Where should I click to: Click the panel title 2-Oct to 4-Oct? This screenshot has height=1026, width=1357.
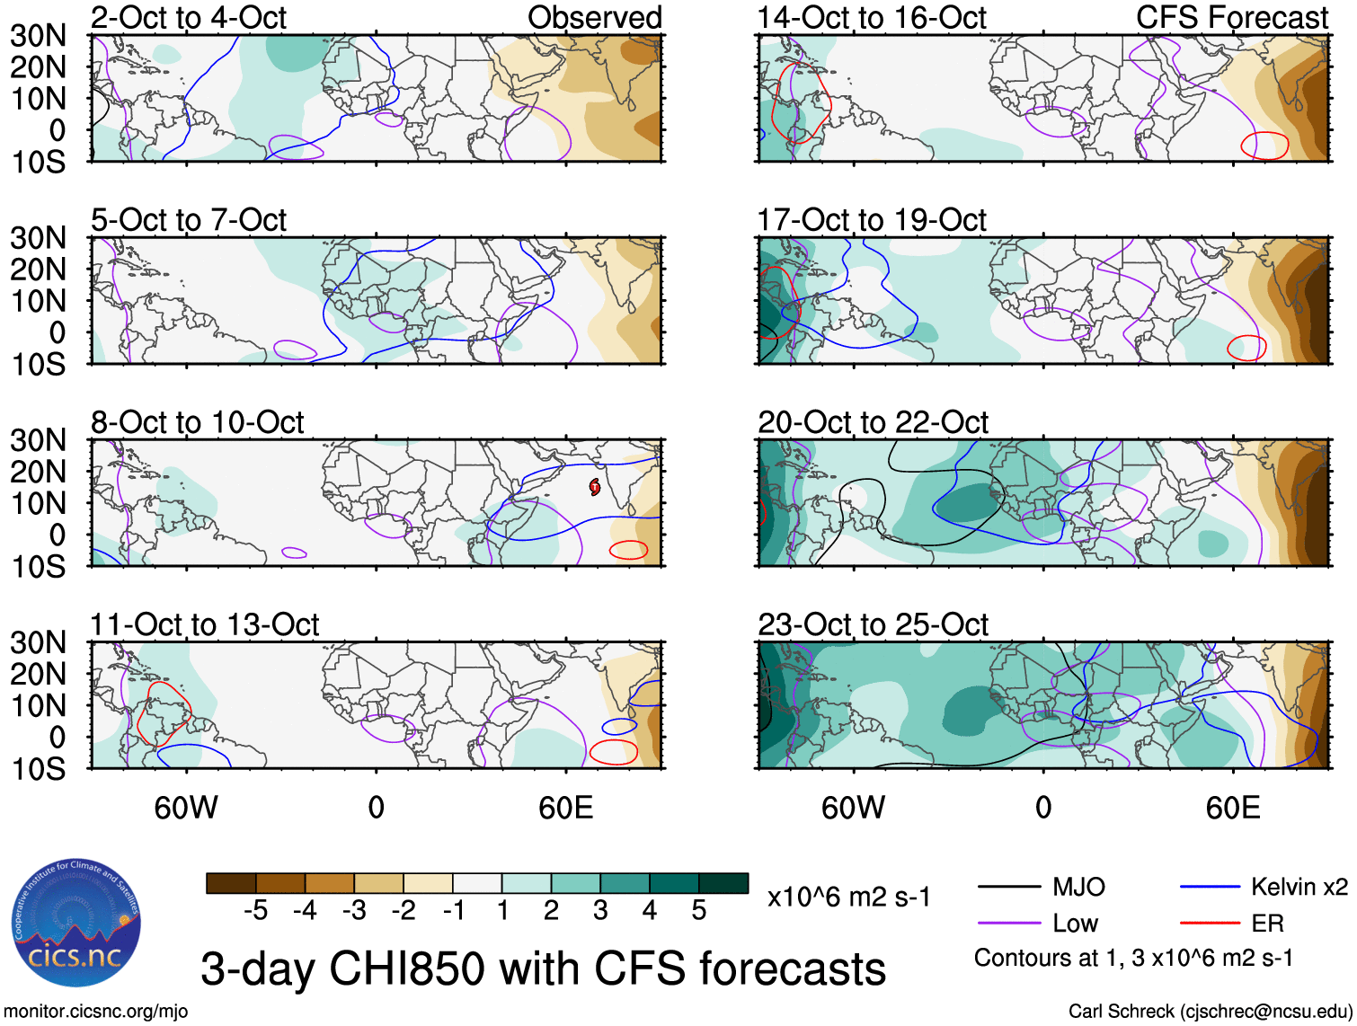tap(189, 17)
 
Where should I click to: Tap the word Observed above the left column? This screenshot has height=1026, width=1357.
tap(594, 17)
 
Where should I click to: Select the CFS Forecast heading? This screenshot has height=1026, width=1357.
tap(1232, 17)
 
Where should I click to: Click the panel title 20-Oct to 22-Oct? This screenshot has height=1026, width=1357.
tap(873, 422)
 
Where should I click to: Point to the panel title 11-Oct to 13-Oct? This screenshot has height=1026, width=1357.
tap(205, 624)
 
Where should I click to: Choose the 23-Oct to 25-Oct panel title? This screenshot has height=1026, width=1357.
tap(873, 624)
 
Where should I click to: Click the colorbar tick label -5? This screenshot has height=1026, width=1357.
tap(255, 911)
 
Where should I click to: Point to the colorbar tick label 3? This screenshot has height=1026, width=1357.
tap(600, 911)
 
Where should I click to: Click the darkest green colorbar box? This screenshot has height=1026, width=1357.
tap(723, 883)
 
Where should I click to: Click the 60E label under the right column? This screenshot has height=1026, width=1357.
tap(1233, 808)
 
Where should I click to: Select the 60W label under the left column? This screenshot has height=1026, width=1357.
tap(186, 808)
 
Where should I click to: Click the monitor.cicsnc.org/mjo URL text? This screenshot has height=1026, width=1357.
tap(96, 1012)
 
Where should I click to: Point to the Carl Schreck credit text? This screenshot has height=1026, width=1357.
tap(1210, 1012)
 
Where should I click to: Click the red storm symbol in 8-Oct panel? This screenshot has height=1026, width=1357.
tap(595, 487)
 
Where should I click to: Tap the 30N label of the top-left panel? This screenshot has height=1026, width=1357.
tap(38, 36)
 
